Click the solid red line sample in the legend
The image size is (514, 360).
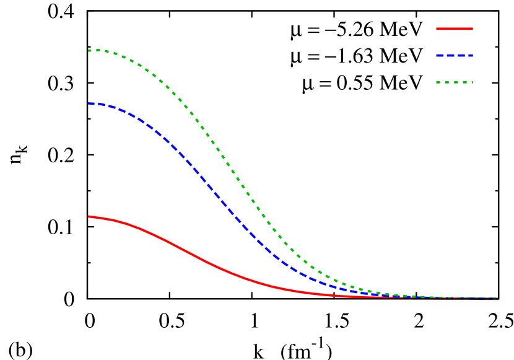click(455, 29)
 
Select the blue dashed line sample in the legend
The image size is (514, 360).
click(455, 55)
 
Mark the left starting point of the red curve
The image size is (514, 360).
click(89, 216)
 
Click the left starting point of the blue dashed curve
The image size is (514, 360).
click(89, 103)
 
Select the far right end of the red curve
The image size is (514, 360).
click(497, 299)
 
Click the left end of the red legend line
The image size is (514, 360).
click(437, 29)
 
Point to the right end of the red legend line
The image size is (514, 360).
click(473, 29)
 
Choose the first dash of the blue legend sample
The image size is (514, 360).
click(440, 55)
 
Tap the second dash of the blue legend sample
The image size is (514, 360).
click(450, 55)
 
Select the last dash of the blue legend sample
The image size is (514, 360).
click(471, 55)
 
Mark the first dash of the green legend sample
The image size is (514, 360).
click(438, 82)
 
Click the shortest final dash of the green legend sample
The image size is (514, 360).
click(473, 82)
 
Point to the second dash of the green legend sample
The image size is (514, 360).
click(446, 82)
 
